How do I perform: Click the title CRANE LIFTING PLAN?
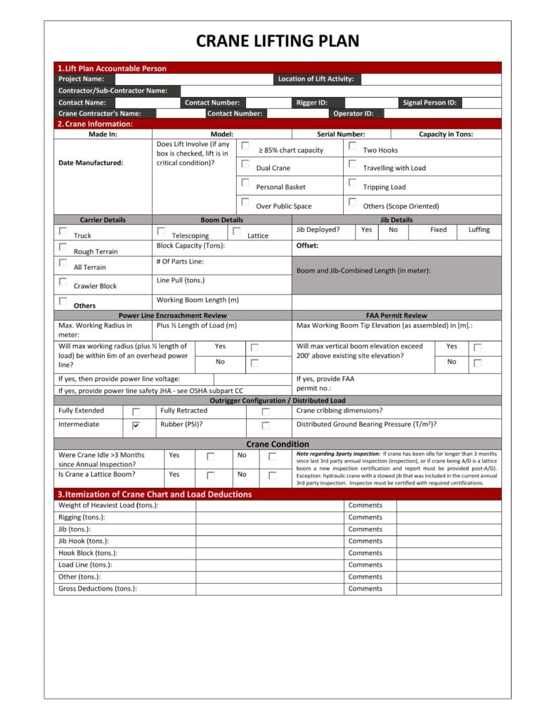[x=278, y=41]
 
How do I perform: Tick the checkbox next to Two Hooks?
[x=352, y=146]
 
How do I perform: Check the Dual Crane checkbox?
[x=245, y=165]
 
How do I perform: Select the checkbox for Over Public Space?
[x=245, y=202]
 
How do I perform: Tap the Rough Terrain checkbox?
[x=63, y=247]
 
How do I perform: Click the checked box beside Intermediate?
[x=136, y=425]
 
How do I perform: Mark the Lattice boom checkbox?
[x=237, y=231]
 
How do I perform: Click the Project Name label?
[x=81, y=79]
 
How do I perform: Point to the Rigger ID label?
[x=311, y=103]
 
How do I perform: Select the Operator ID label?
[x=353, y=113]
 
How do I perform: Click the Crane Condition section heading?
[x=277, y=444]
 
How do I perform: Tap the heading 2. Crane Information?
[x=94, y=124]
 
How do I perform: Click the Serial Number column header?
[x=341, y=134]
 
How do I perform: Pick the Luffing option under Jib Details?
[x=479, y=230]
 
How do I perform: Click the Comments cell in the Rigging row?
[x=366, y=517]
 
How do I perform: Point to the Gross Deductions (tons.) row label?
[x=98, y=589]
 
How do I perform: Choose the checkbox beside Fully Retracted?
[x=266, y=412]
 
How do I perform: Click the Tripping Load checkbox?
[x=352, y=184]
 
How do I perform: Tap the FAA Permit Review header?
[x=396, y=316]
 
